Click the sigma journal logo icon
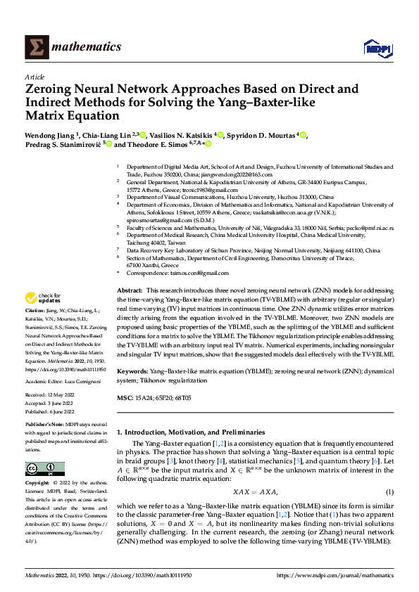point(35,47)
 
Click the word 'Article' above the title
point(35,77)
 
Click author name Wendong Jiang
point(50,134)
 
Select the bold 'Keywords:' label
point(132,370)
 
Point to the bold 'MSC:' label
point(125,399)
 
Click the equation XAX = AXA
point(254,491)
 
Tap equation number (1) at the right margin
point(389,491)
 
